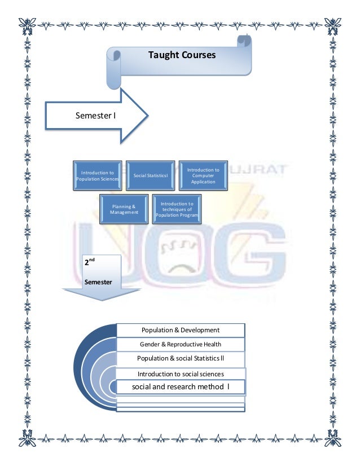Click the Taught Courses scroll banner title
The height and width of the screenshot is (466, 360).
tap(181, 55)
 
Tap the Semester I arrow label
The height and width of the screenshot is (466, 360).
tap(96, 116)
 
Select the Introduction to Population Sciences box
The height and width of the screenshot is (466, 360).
tap(98, 175)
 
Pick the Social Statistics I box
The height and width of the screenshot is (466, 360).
tap(151, 175)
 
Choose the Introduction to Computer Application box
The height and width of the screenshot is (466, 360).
tap(203, 175)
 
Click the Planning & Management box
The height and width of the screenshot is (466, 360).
tap(124, 208)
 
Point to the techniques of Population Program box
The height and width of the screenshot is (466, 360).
tap(177, 208)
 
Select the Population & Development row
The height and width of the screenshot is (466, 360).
tap(180, 330)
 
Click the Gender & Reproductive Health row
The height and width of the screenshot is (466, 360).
tap(180, 344)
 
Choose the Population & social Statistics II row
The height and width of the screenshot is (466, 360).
tap(180, 358)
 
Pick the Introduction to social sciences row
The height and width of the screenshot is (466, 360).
tap(181, 373)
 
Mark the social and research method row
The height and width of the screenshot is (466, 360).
tap(181, 387)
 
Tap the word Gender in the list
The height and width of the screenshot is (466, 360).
tap(151, 344)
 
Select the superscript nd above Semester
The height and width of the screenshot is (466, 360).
tap(91, 260)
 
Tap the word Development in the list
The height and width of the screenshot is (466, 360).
tap(199, 330)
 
